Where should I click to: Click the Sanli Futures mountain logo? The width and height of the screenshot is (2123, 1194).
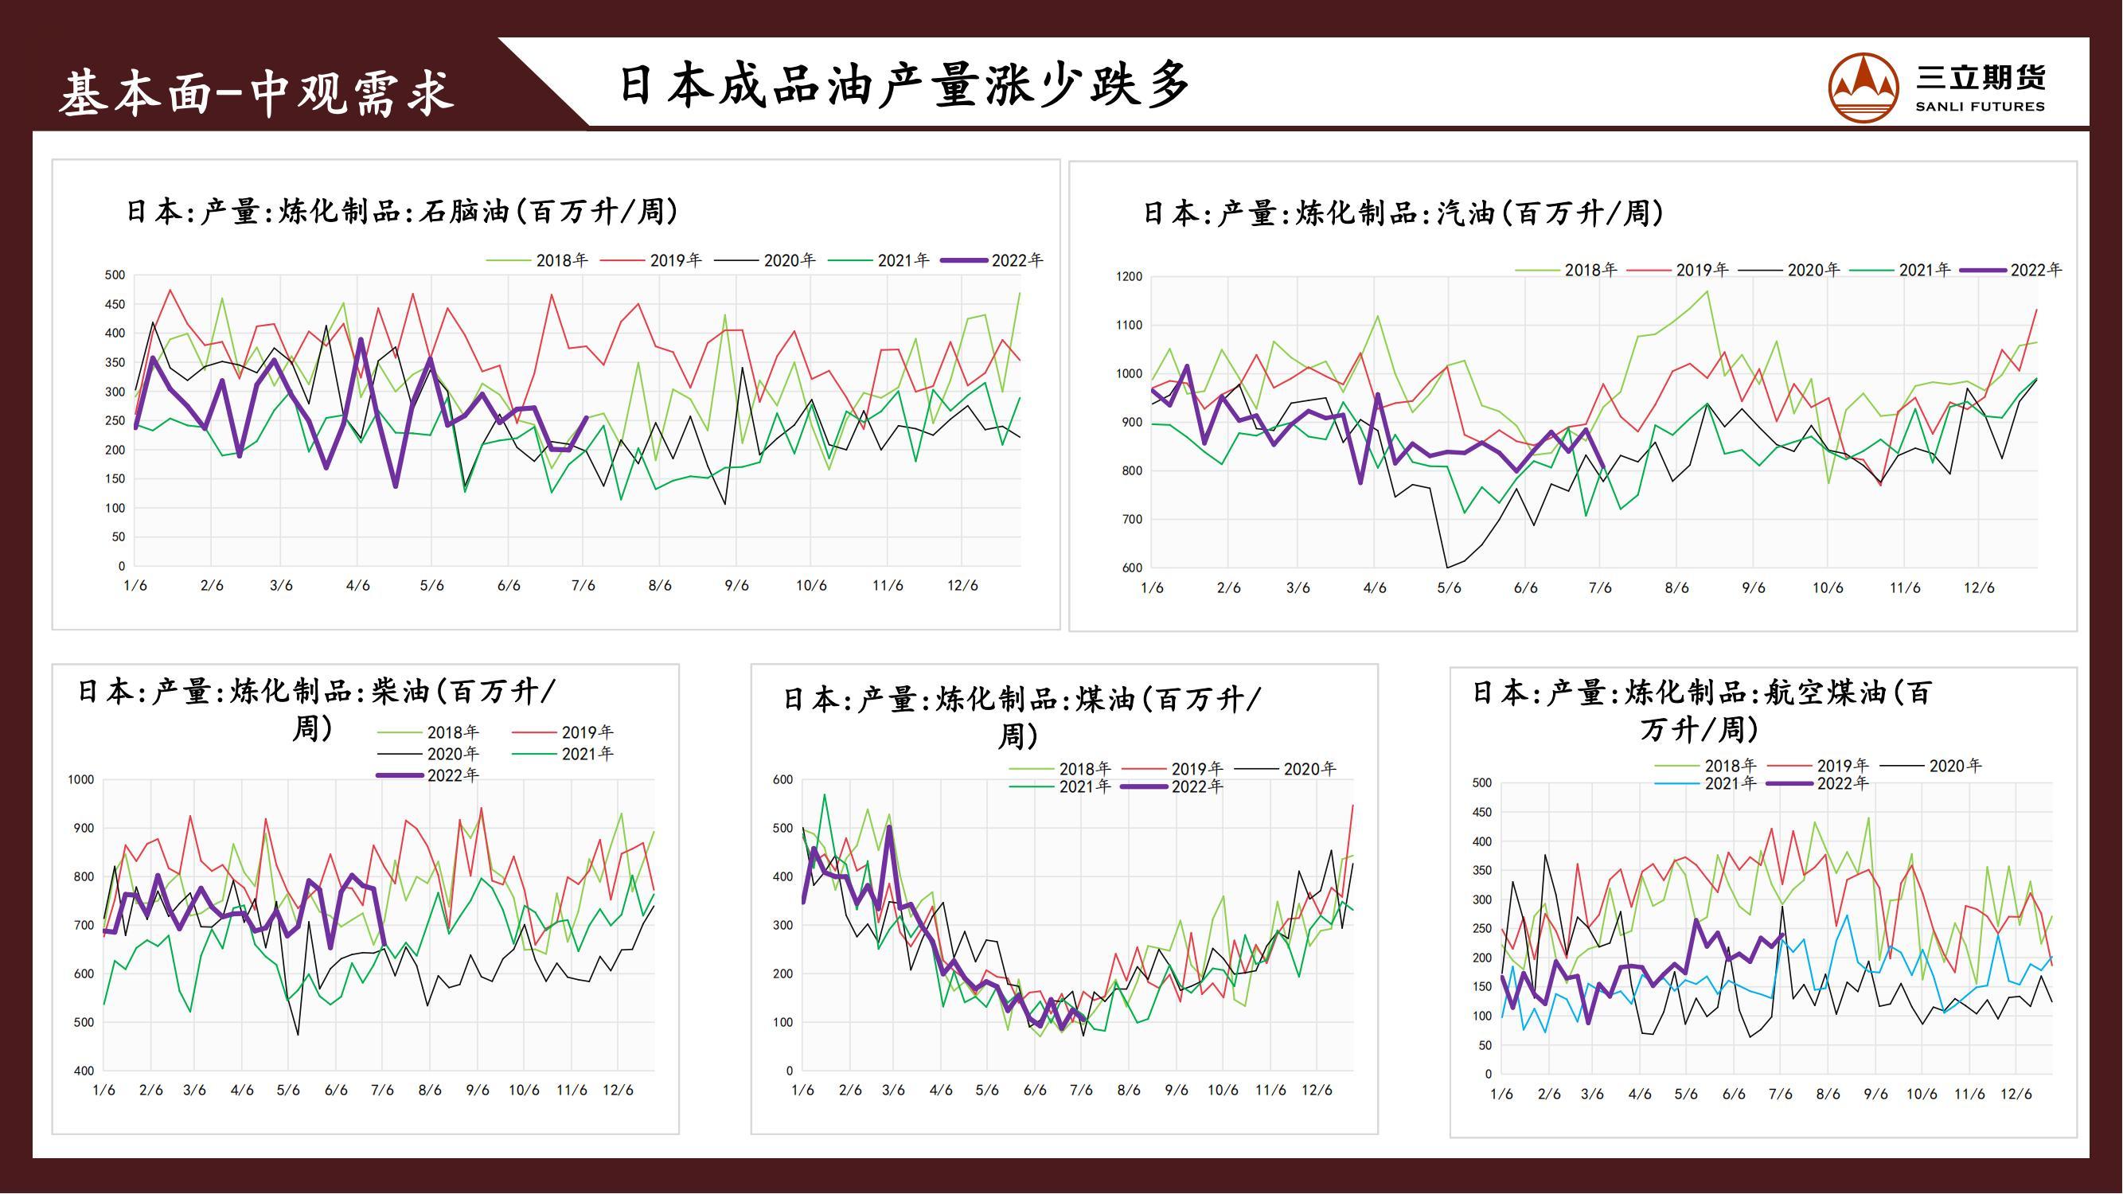coord(1863,87)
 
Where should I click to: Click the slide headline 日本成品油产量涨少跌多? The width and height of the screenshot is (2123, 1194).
coord(904,85)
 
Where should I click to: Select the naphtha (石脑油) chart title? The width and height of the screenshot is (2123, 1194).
coord(402,212)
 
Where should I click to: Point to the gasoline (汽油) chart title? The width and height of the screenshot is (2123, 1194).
coord(1403,213)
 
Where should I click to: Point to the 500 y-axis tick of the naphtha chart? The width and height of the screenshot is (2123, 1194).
coord(115,275)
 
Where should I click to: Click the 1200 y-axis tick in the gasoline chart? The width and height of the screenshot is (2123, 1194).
coord(1129,277)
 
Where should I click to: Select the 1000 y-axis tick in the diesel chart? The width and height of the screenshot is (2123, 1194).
coord(80,779)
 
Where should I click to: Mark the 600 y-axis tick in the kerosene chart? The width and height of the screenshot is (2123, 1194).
coord(782,779)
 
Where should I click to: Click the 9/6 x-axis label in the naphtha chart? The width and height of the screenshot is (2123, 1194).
coord(736,586)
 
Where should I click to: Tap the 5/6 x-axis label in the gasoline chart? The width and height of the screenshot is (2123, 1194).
coord(1449,588)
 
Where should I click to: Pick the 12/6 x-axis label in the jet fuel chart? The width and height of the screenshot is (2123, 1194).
coord(2016,1094)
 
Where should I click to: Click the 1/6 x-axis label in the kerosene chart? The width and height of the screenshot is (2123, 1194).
coord(802,1091)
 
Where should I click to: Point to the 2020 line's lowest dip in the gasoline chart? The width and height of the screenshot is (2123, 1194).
coord(1448,567)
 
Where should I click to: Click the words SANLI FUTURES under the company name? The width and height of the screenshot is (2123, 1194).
coord(1980,107)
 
